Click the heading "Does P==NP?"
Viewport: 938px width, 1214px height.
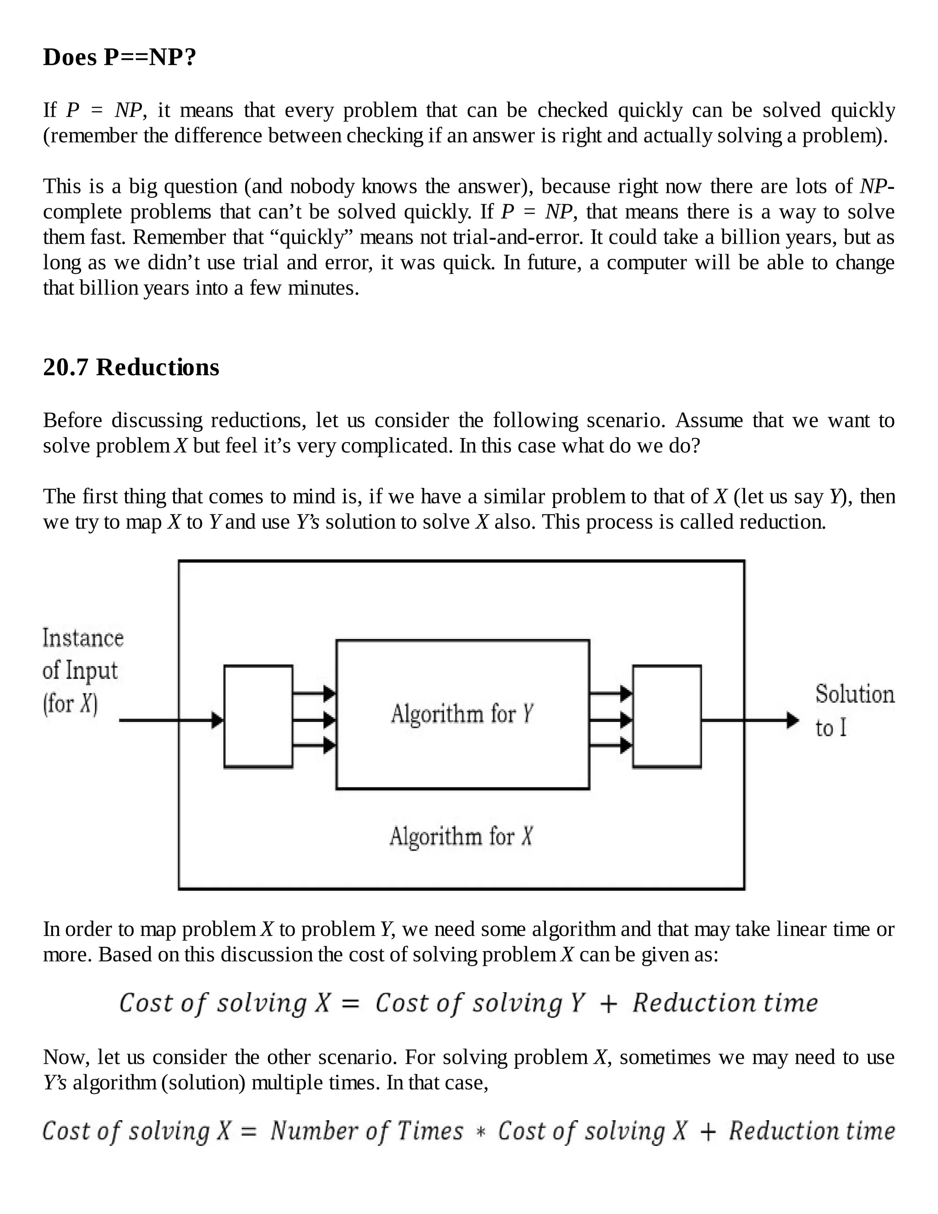click(120, 57)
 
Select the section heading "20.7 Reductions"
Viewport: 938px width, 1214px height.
click(131, 367)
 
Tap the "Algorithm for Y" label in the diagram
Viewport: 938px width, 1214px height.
click(462, 714)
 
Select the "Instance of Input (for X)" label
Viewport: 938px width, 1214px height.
click(82, 671)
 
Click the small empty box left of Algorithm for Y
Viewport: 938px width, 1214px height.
click(258, 716)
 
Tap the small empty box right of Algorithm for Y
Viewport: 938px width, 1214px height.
click(667, 716)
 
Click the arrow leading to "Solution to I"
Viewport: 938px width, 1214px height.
click(750, 721)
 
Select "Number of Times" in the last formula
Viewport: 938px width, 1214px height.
click(367, 1131)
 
